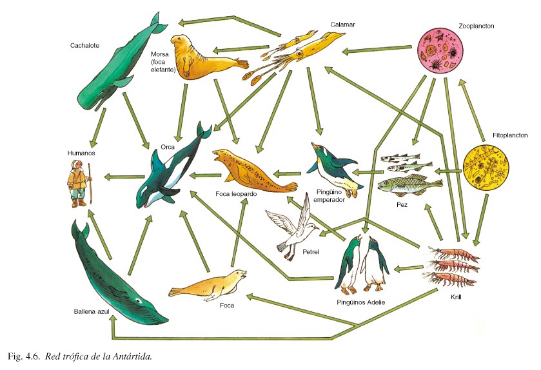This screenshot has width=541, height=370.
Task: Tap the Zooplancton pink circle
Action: pyautogui.click(x=441, y=51)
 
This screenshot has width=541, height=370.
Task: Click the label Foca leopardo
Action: pyautogui.click(x=237, y=193)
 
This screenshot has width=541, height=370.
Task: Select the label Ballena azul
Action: pyautogui.click(x=93, y=311)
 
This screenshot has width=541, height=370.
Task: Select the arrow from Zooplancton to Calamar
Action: pyautogui.click(x=377, y=49)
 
